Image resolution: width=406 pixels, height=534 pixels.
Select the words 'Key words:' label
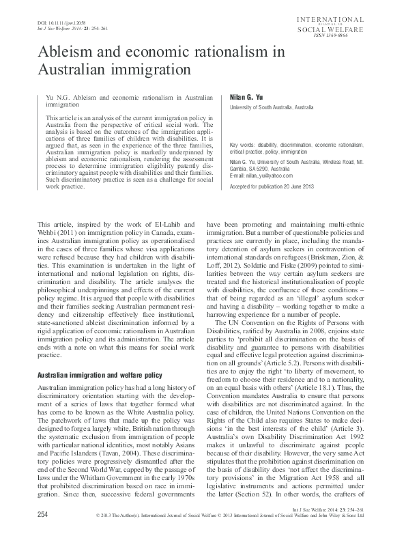click(244, 145)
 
